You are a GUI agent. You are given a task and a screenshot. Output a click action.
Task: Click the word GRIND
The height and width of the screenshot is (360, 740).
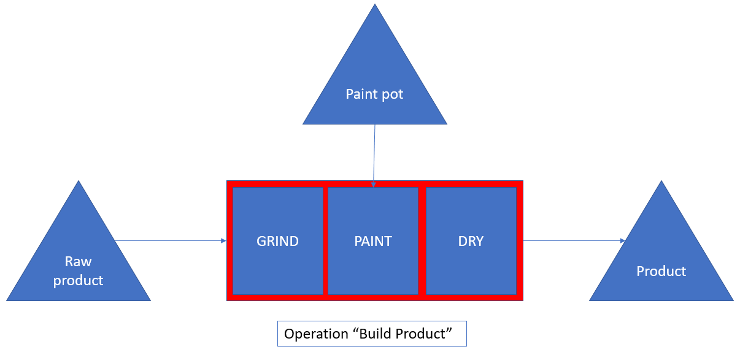[x=277, y=241]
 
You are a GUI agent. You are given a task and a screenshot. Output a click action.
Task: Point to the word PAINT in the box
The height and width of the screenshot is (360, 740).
[x=373, y=241]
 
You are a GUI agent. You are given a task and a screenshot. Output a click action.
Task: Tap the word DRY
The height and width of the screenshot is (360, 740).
[x=471, y=241]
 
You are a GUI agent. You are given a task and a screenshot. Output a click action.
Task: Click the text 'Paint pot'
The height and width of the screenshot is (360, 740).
[x=375, y=94]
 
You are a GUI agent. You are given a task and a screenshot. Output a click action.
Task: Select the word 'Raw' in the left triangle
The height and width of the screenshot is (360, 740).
[x=79, y=262]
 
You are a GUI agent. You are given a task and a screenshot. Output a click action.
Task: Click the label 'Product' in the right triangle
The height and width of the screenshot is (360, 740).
[x=661, y=271]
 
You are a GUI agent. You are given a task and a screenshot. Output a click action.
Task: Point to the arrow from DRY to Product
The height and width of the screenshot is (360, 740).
[x=574, y=241]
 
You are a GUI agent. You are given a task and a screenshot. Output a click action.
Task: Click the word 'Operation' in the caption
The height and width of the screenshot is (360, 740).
[x=317, y=334]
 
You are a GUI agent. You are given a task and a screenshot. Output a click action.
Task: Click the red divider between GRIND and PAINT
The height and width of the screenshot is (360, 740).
[x=325, y=241]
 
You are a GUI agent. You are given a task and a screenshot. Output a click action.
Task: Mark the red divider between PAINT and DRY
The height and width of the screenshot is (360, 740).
[x=422, y=241]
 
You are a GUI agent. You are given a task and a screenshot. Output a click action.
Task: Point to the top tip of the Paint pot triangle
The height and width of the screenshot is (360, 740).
[x=375, y=6]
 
